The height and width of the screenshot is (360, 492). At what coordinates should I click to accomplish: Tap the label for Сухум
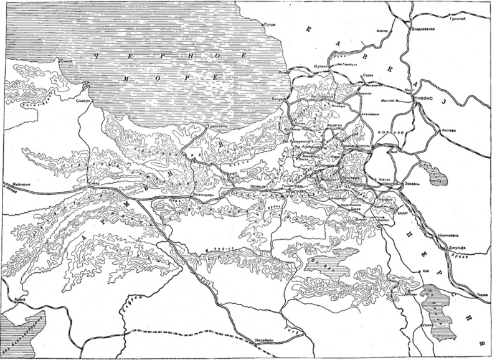click(269, 25)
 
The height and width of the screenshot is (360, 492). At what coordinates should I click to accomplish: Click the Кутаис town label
click(319, 64)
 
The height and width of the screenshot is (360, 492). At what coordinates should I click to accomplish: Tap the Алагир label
click(382, 29)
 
